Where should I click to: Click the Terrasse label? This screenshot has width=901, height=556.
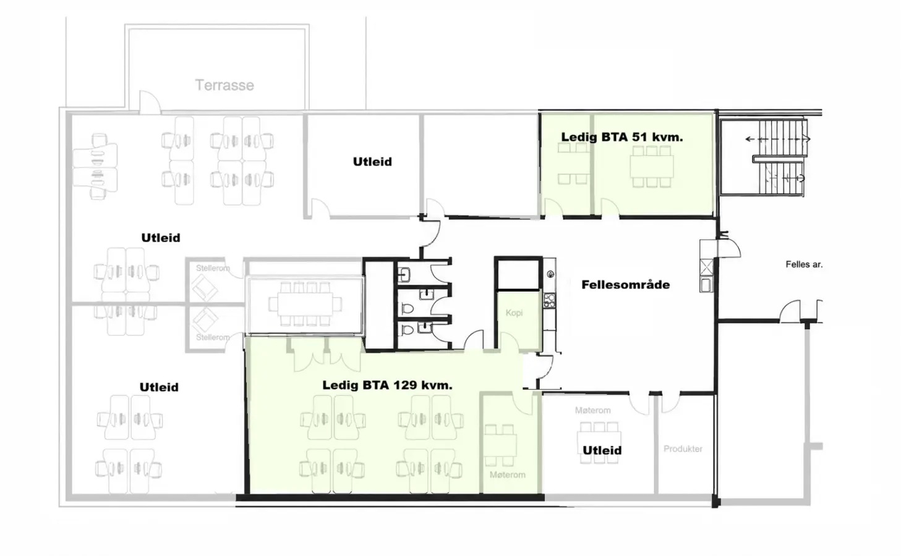[x=224, y=85]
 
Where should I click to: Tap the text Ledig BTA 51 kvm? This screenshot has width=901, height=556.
[x=622, y=137]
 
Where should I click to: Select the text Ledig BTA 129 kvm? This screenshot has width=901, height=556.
[x=387, y=385]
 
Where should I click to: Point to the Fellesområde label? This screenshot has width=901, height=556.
[x=625, y=285]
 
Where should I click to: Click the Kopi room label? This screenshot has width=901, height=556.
[x=514, y=313]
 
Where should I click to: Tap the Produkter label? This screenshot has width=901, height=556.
[x=683, y=449]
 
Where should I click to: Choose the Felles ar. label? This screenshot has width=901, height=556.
[x=804, y=264]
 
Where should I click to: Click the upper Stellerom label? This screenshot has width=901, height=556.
[x=213, y=268]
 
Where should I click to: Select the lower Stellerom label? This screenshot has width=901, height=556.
[x=213, y=337]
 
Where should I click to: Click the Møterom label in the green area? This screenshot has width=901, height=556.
[x=508, y=475]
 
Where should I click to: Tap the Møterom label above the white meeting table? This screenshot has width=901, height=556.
[x=593, y=410]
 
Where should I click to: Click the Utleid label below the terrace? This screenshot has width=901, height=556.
[x=372, y=161]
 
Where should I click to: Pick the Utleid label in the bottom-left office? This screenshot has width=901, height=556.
[x=159, y=387]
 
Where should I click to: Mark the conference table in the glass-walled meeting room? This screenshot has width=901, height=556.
[x=304, y=304]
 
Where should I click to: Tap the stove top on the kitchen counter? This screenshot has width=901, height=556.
[x=550, y=300]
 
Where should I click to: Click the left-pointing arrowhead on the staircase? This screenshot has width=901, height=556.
[x=748, y=139]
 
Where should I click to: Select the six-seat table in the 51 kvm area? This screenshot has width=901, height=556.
[x=652, y=167]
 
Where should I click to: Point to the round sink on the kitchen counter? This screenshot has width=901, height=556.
[x=550, y=274]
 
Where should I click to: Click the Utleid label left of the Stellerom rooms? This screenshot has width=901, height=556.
[x=161, y=238]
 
